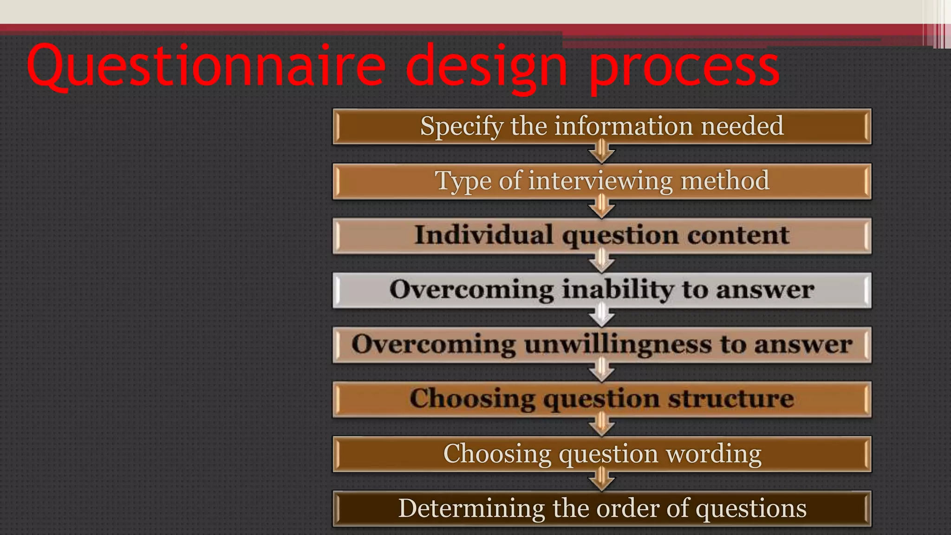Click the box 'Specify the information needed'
(x=602, y=126)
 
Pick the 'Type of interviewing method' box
(x=602, y=181)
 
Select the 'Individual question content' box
(x=602, y=235)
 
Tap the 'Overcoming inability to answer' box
(x=602, y=290)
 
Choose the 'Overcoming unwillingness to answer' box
(x=602, y=345)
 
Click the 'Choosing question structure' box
(x=602, y=399)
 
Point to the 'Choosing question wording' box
(x=602, y=454)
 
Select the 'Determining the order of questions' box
(x=602, y=509)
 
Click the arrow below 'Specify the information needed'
(x=602, y=154)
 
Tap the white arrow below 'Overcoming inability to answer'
(x=602, y=317)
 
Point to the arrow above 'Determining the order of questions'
(x=602, y=481)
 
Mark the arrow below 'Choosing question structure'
(x=602, y=426)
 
